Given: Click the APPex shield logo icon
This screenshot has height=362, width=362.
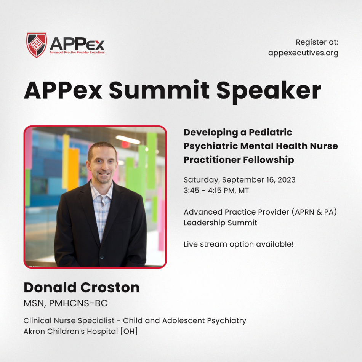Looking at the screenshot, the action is pos(37,45).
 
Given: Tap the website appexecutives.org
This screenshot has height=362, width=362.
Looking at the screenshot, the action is pos(303,53).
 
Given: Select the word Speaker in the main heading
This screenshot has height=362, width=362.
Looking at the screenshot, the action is pos(269,91).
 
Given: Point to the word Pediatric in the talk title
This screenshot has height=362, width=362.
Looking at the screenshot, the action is pos(270,132).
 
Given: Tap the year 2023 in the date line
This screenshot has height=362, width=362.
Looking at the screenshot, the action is pos(286,180).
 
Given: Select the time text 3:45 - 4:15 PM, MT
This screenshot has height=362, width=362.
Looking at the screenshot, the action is pos(216,191).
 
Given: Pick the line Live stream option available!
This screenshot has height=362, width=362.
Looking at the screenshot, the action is pos(239,244).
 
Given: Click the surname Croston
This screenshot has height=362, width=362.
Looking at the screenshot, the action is pos(110,287).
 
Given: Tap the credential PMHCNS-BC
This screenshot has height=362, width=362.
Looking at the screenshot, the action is pos(78,303).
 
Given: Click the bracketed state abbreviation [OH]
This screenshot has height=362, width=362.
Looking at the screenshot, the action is pos(129,331).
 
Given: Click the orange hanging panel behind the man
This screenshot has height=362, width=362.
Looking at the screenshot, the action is pos(73,169).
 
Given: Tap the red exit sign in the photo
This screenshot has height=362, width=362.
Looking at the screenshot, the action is pos(125,144).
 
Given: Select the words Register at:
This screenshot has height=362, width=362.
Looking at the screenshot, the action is pos(317,42).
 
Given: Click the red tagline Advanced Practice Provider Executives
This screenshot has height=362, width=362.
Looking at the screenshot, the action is pos(77,53).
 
